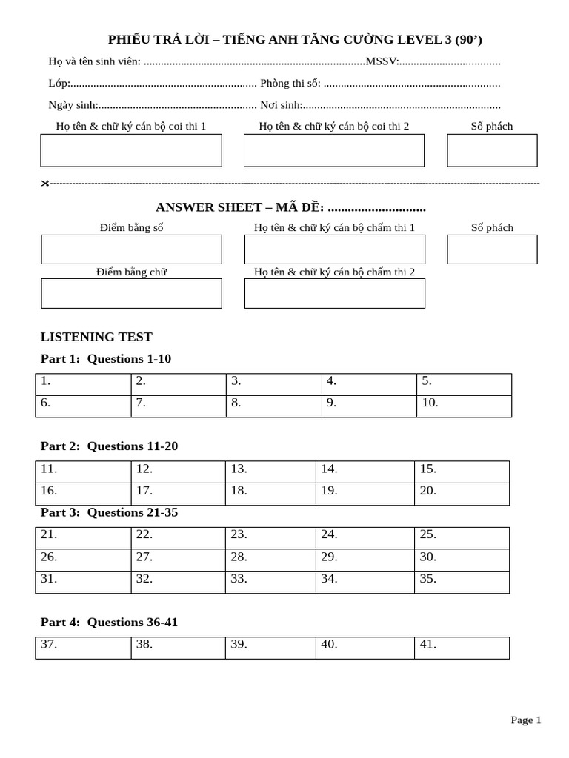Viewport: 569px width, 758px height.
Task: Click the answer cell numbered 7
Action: click(179, 406)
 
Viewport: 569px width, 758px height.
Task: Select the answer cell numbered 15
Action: click(462, 472)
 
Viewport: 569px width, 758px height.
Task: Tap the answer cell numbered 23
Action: click(270, 538)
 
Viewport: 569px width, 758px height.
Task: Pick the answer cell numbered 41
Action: click(462, 648)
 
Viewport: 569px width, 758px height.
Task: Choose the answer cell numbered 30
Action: click(462, 560)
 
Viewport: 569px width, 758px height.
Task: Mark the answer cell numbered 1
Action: click(83, 385)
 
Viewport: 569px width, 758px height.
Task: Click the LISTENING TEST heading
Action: click(96, 337)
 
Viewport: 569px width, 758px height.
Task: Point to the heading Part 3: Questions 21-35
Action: click(109, 512)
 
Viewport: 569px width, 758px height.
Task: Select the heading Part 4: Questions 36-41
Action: click(109, 623)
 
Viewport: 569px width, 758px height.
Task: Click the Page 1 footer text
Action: click(526, 720)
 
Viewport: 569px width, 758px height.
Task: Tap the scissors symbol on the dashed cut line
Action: click(44, 183)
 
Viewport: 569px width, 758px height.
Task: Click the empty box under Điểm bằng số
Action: click(131, 249)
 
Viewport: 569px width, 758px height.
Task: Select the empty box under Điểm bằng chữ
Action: click(131, 293)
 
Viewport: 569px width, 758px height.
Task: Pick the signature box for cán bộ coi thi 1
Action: click(131, 150)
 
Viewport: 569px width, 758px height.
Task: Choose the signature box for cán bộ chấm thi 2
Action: click(335, 293)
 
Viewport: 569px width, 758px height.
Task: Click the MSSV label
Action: click(382, 61)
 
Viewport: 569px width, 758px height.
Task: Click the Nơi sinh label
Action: click(281, 105)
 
